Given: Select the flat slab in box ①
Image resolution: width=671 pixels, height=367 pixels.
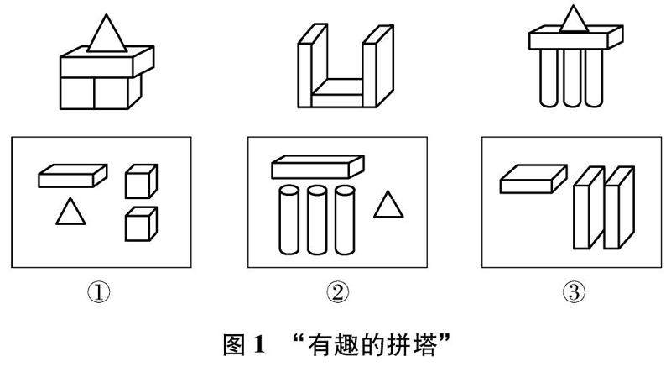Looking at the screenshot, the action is pos(73,176).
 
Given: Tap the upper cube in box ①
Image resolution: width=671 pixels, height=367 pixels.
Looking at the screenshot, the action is pos(141,181).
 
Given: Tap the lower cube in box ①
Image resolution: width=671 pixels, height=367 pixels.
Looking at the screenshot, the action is pos(141,223).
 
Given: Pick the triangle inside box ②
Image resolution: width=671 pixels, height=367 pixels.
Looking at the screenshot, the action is pos(386,207).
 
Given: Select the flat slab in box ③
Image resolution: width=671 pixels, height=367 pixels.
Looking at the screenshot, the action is pos(532,179).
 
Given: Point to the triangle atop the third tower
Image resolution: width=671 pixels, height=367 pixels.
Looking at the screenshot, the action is pos(573,19).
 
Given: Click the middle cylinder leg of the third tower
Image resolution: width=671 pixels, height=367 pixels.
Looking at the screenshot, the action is pos(573,80).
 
